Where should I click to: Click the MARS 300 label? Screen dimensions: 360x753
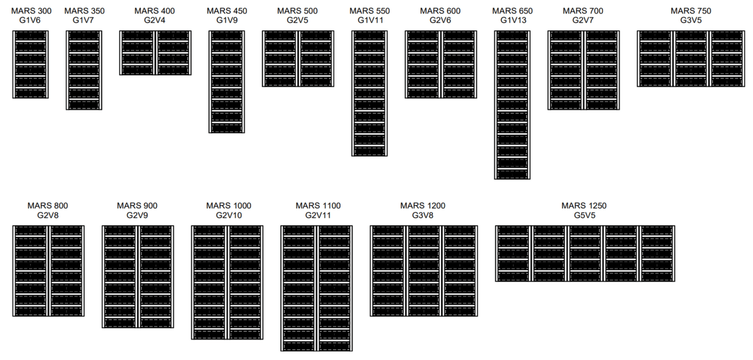[x=31, y=11]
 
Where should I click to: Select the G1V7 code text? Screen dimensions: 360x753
[x=83, y=20]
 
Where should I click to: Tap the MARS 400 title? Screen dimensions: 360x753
[x=154, y=11]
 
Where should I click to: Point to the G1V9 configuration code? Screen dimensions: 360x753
[x=227, y=20]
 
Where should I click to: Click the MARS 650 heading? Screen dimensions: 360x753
[x=512, y=11]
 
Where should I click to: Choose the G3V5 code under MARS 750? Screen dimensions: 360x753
[x=691, y=20]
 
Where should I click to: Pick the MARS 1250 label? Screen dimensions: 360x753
[x=584, y=206]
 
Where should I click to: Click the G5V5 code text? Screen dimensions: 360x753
[x=585, y=215]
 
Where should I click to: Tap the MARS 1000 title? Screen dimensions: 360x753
[x=228, y=206]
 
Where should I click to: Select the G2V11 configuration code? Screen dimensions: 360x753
[x=318, y=215]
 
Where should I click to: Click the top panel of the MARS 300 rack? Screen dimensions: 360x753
[x=30, y=36]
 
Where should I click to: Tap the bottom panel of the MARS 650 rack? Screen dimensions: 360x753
[x=512, y=174]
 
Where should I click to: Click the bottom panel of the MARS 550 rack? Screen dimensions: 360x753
[x=369, y=151]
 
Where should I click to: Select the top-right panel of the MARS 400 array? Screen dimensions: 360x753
[x=173, y=36]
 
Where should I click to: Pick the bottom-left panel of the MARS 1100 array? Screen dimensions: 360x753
[x=299, y=346]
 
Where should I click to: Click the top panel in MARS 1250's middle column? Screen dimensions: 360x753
[x=585, y=231]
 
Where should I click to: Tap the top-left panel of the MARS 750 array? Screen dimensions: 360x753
[x=655, y=36]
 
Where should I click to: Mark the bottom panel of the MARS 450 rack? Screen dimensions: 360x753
[x=227, y=128]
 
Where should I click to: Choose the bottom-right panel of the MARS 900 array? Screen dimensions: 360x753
[x=156, y=323]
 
